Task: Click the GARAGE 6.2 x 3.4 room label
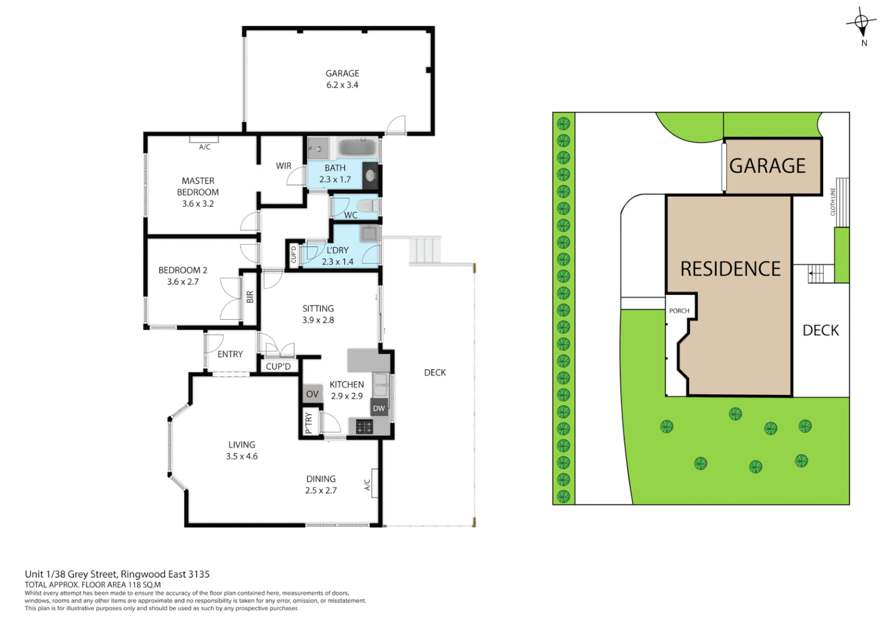[342, 79]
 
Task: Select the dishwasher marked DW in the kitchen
[379, 408]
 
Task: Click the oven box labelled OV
[312, 394]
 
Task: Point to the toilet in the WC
[366, 206]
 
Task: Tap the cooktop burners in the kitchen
[364, 427]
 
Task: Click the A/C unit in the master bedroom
[204, 139]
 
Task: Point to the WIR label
[283, 166]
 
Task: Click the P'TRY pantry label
[309, 423]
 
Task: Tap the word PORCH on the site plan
[679, 311]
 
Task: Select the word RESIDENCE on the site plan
[730, 269]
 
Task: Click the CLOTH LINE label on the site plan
[832, 201]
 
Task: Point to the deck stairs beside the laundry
[426, 250]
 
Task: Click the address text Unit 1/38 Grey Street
[117, 574]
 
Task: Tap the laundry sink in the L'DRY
[369, 234]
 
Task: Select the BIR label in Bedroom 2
[250, 297]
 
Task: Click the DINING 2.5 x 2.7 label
[321, 484]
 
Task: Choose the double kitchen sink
[380, 385]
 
